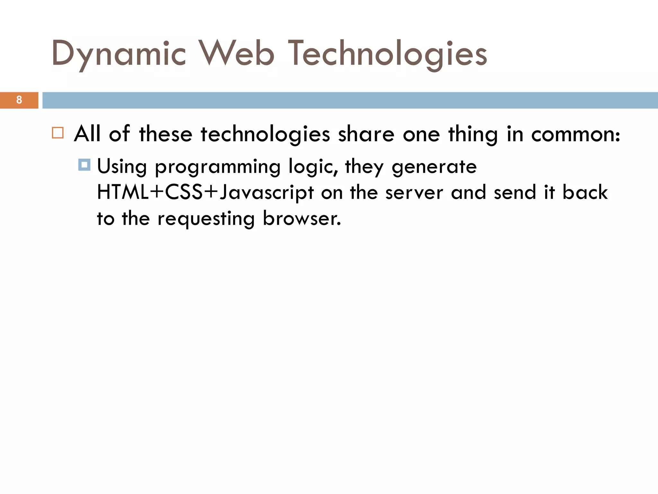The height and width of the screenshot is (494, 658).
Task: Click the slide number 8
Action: [19, 100]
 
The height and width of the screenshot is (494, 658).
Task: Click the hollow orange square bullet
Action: [58, 133]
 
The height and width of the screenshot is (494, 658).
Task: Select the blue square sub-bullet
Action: [84, 165]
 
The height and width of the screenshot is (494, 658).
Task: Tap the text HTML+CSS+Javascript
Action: [205, 193]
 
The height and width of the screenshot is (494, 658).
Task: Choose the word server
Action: [414, 193]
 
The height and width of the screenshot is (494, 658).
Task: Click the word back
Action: [585, 192]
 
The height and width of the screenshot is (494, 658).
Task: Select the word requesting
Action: [206, 219]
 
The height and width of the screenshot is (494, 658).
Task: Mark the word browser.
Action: [302, 218]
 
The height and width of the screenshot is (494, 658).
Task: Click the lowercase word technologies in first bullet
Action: [265, 134]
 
